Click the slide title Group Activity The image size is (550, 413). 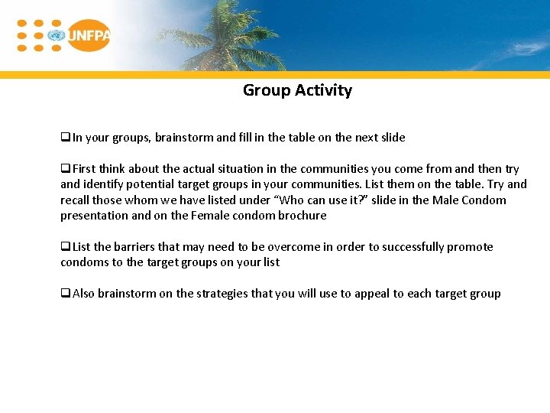coord(297,90)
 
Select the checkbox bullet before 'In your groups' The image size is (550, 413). coord(66,138)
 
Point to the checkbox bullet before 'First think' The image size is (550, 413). coord(66,169)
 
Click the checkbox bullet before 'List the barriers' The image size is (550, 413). coord(66,247)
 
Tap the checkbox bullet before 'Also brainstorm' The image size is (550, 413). coord(66,294)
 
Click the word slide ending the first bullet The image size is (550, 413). coord(392,138)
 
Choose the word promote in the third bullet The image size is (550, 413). coord(470,247)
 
